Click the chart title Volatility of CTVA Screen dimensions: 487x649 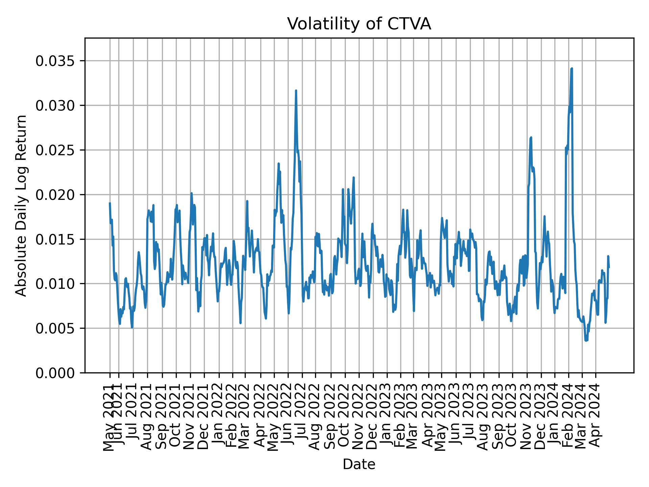(359, 24)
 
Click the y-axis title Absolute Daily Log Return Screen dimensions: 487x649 (22, 205)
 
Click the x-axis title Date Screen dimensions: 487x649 (359, 464)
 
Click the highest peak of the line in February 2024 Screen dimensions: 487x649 (572, 69)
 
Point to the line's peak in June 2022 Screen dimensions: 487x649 (296, 91)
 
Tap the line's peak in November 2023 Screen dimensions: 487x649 (531, 137)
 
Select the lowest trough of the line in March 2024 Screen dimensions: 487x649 (586, 341)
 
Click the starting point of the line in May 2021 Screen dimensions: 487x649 (110, 203)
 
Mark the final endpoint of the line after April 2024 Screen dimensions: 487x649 (609, 267)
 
